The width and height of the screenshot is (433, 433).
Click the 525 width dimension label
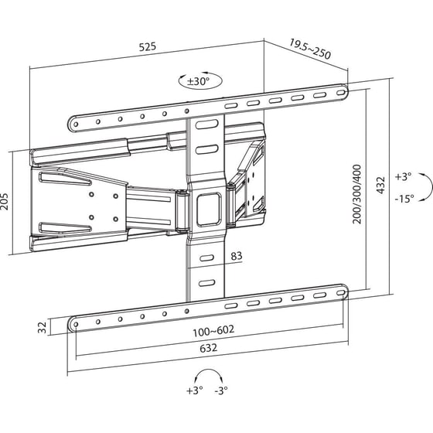pyautogui.click(x=147, y=46)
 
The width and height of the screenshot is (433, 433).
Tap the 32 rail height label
pyautogui.click(x=41, y=327)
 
